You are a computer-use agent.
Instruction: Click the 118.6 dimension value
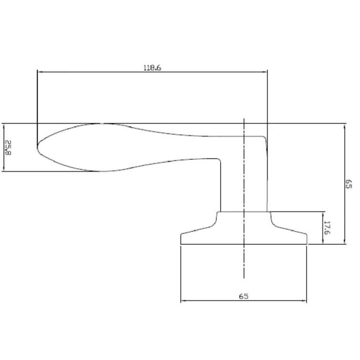tap(153, 68)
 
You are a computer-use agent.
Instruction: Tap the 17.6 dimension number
tap(327, 227)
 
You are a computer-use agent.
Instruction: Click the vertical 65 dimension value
tap(349, 184)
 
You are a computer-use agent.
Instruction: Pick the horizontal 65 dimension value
tap(244, 296)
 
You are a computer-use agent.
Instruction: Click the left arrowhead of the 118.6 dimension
tap(40, 72)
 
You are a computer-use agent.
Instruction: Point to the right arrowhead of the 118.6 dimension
tap(265, 72)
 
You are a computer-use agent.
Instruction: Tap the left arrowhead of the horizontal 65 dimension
tap(183, 301)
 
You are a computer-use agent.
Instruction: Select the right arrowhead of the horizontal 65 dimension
tap(305, 301)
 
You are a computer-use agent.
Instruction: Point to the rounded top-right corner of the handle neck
tap(265, 138)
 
